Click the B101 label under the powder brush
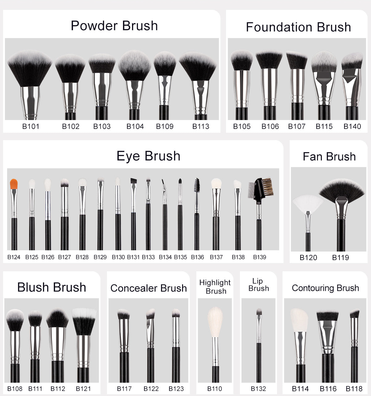(31, 126)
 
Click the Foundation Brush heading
(298, 27)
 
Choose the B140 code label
(352, 126)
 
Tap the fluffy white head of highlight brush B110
(215, 322)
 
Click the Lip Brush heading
(258, 285)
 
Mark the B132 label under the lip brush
(258, 389)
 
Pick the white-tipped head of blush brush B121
(84, 321)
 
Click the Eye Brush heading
(148, 156)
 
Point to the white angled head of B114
(299, 320)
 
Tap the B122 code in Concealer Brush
(151, 389)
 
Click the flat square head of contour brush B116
(327, 316)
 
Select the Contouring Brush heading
(325, 288)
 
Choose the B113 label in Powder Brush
(201, 126)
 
